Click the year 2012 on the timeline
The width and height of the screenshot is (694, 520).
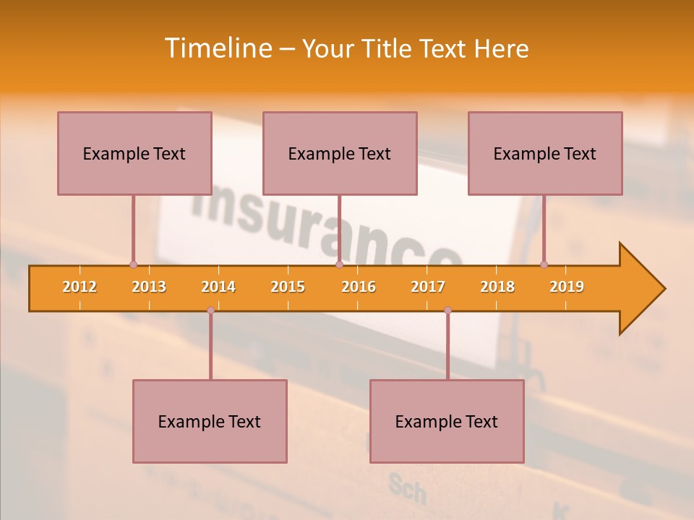pyautogui.click(x=80, y=287)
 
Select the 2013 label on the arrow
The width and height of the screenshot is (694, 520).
pyautogui.click(x=149, y=287)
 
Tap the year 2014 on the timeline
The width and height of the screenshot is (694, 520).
pyautogui.click(x=218, y=287)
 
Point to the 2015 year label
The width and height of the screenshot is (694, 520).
pyautogui.click(x=288, y=287)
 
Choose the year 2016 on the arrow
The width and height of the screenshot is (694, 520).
pyautogui.click(x=359, y=287)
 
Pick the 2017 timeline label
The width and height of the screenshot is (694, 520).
pyautogui.click(x=428, y=287)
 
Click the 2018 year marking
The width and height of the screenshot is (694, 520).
pyautogui.click(x=497, y=287)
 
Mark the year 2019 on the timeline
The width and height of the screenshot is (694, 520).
pyautogui.click(x=567, y=287)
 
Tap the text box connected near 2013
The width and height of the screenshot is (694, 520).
pyautogui.click(x=134, y=153)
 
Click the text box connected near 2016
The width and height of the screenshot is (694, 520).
pyautogui.click(x=340, y=153)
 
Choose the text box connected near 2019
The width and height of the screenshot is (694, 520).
pyautogui.click(x=545, y=153)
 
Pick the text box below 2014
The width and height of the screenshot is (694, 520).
pyautogui.click(x=210, y=421)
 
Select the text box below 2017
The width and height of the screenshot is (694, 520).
pyautogui.click(x=447, y=421)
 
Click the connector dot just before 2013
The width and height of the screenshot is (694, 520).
pyautogui.click(x=133, y=264)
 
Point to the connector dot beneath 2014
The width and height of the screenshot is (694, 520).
pyautogui.click(x=210, y=311)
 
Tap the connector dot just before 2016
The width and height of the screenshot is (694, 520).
pyautogui.click(x=339, y=264)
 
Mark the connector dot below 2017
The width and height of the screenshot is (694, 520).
pyautogui.click(x=447, y=311)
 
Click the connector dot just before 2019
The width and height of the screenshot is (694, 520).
pyautogui.click(x=544, y=264)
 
